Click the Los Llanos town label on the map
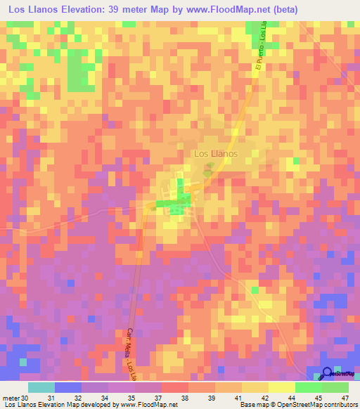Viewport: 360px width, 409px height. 216,153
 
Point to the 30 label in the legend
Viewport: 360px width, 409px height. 26,397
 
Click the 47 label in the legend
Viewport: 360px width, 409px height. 335,397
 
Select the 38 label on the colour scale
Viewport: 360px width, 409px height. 175,397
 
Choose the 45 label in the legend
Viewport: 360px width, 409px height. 309,397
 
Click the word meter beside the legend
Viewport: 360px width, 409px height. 11,397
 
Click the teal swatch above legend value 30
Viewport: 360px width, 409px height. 41,387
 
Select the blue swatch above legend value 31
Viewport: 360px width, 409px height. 67,387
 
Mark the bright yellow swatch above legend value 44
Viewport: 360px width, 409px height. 281,387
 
